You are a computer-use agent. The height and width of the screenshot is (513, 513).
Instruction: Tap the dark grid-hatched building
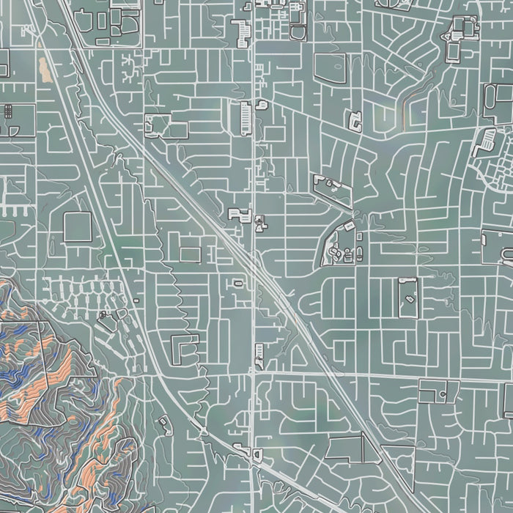tap(9, 111)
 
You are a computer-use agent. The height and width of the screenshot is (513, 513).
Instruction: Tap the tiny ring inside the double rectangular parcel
tap(443, 394)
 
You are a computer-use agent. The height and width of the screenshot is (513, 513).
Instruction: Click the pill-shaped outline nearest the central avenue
tap(238, 283)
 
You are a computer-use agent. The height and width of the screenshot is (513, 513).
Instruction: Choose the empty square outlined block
tap(77, 226)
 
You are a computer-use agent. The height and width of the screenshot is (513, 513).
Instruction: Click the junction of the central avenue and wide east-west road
tap(253, 372)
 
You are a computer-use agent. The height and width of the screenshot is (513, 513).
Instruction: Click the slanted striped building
tap(241, 30)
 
